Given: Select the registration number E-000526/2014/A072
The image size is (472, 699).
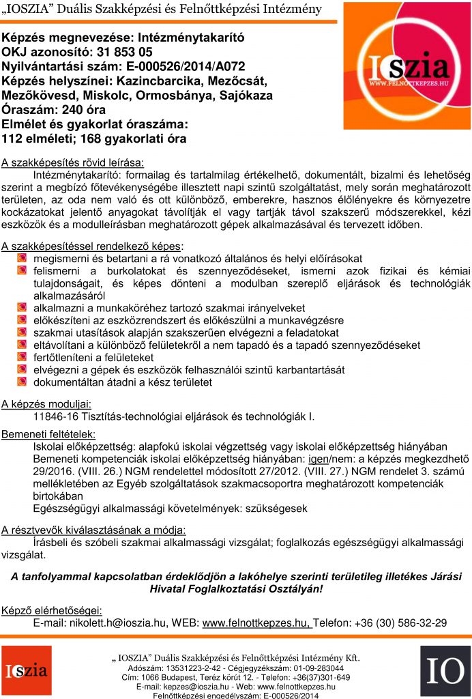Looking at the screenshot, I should (x=180, y=67).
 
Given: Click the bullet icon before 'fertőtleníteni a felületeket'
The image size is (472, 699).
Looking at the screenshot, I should (x=22, y=358).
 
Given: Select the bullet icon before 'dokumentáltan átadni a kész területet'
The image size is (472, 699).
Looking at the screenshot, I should (x=22, y=382).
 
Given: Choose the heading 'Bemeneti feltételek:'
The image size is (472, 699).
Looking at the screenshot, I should (x=48, y=434).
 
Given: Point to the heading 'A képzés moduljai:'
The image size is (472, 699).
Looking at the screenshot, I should (x=46, y=403).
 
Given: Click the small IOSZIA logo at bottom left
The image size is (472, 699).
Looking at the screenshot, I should (x=26, y=670).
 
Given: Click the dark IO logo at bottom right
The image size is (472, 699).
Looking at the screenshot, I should (x=445, y=670).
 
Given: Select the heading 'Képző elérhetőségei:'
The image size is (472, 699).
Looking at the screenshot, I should (x=52, y=610).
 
